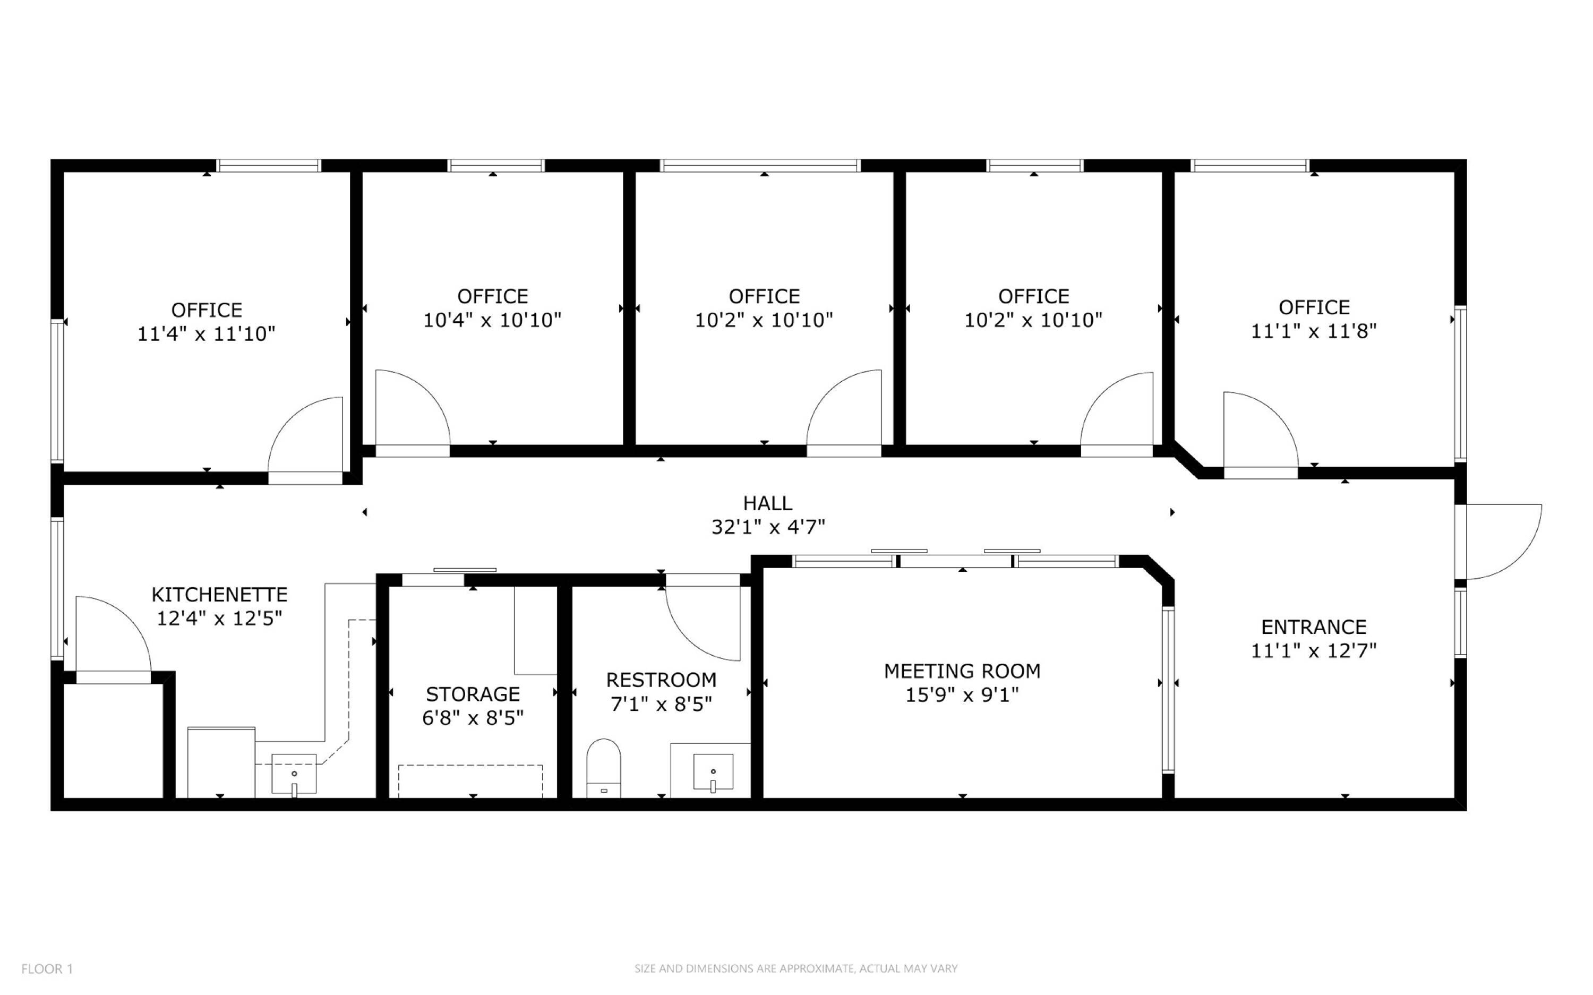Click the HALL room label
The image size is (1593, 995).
[x=767, y=503]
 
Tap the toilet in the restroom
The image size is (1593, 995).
[x=603, y=768]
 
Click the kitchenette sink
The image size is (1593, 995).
[x=294, y=775]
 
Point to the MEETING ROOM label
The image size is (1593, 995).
[x=962, y=671]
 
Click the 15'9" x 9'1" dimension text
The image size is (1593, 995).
[x=962, y=695]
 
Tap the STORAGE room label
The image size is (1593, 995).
[x=473, y=694]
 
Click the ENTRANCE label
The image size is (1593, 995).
[x=1313, y=627]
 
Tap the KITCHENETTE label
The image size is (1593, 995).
[x=220, y=595]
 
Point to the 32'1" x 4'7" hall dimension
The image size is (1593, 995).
[x=768, y=527]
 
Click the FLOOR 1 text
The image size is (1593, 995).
[x=47, y=968]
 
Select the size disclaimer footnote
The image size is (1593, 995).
[x=795, y=968]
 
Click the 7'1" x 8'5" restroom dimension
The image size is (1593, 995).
[x=661, y=705]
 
